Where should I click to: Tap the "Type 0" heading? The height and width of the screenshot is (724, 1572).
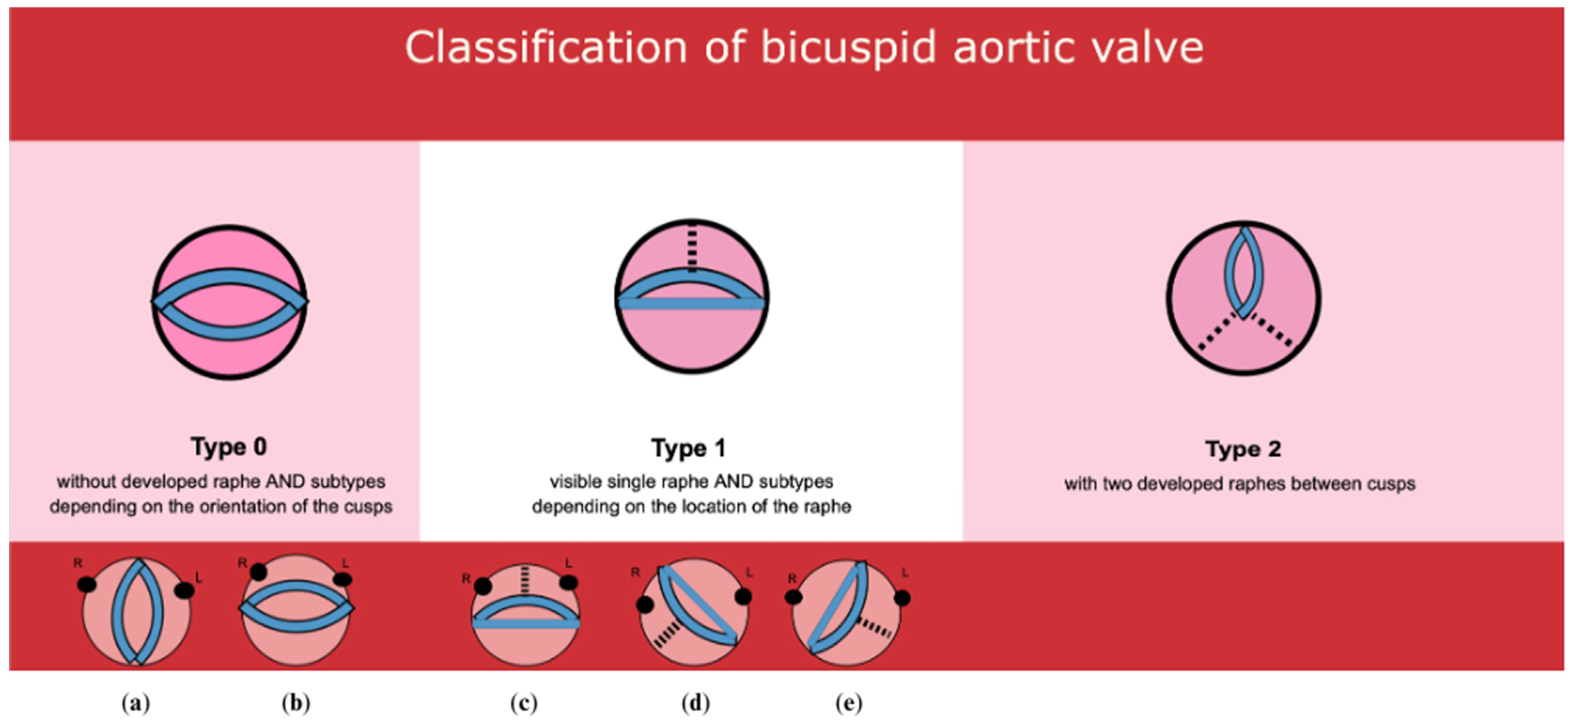click(x=229, y=447)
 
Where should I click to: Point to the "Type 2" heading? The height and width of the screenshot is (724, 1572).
click(x=1243, y=449)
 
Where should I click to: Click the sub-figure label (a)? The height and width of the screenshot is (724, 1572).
click(x=135, y=703)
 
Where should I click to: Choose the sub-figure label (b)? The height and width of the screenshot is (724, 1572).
click(x=296, y=703)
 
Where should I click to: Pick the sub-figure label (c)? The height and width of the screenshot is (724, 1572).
click(x=524, y=703)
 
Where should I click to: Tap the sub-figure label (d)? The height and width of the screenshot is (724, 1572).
click(x=696, y=703)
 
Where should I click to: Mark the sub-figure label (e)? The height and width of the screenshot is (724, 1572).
click(x=849, y=703)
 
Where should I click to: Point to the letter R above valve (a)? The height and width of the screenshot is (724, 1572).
click(x=78, y=563)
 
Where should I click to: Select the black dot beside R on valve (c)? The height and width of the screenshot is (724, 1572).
click(x=483, y=586)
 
